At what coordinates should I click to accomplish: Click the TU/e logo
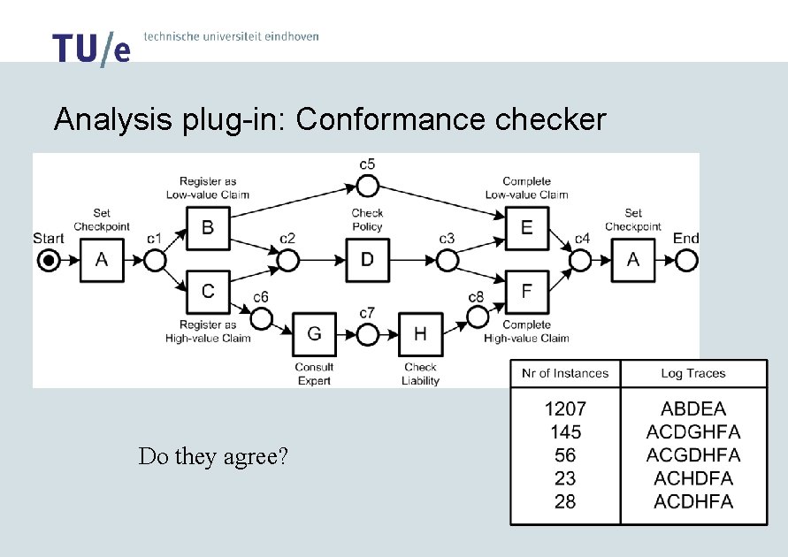(91, 50)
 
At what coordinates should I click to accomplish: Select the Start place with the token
(49, 261)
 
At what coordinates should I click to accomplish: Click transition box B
(208, 228)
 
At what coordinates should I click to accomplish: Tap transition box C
(208, 290)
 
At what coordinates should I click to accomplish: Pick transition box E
(526, 228)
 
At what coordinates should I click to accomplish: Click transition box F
(526, 290)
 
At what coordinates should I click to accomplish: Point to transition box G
(314, 334)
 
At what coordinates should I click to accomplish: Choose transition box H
(420, 334)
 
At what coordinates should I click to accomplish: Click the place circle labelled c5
(367, 186)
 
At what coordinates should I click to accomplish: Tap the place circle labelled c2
(287, 261)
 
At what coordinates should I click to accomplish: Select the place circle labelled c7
(367, 334)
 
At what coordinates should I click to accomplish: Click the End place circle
(685, 261)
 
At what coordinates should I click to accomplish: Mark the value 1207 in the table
(565, 409)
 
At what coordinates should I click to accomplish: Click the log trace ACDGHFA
(693, 432)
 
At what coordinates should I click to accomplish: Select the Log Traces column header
(693, 373)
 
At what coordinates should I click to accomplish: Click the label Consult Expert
(314, 374)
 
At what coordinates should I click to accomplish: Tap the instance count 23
(565, 478)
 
